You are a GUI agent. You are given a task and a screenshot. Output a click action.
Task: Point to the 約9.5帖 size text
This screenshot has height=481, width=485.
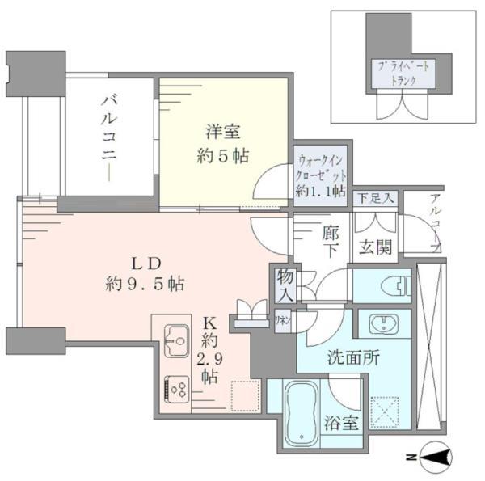pyautogui.click(x=145, y=284)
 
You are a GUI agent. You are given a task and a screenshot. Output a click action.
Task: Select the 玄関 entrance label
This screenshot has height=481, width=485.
pyautogui.click(x=377, y=247)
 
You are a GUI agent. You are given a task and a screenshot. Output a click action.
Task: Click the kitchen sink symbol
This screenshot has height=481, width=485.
pyautogui.click(x=175, y=340)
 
